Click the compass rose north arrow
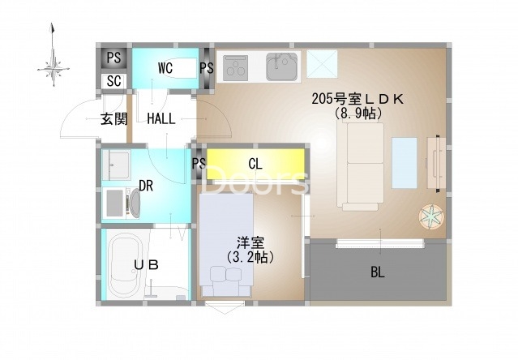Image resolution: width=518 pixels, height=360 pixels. click(53, 55)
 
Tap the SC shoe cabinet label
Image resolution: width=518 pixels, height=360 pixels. click(114, 81)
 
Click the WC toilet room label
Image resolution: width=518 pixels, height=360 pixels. click(165, 68)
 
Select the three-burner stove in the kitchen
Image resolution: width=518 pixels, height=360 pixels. click(235, 68)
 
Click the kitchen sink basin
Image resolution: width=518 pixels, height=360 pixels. click(282, 67)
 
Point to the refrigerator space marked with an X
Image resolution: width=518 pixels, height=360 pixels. click(322, 64)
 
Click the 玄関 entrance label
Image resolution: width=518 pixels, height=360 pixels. click(114, 119)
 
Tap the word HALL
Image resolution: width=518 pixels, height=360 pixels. click(161, 119)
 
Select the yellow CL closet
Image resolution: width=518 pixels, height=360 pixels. click(255, 164)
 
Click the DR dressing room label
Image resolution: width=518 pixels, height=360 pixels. click(146, 186)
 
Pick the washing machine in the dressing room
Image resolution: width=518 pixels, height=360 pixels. click(122, 203)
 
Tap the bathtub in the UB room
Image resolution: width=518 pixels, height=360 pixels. click(126, 265)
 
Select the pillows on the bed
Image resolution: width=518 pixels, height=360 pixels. click(226, 274)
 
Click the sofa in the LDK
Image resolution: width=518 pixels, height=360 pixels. click(361, 167)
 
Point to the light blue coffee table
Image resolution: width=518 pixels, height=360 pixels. click(405, 164)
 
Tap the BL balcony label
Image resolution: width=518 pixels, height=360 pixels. click(378, 272)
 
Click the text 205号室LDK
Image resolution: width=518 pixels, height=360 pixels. click(357, 99)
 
